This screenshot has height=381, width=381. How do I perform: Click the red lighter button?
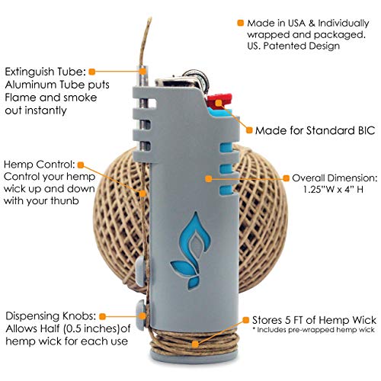220,101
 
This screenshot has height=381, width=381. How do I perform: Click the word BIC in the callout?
365,130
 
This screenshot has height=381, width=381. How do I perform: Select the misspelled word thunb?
65,201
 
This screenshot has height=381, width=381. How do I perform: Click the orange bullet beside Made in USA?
240,23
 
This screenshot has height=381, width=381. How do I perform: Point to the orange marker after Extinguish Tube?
92,72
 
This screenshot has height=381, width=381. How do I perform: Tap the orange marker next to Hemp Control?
81,165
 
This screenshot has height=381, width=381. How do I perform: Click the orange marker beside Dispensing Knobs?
102,316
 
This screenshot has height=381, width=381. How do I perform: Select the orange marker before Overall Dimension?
287,178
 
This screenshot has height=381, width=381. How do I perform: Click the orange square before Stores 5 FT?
245,320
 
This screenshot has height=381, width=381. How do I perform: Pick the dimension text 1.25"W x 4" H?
333,190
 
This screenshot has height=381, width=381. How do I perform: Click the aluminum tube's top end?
142,67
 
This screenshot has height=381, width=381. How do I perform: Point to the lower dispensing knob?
141,315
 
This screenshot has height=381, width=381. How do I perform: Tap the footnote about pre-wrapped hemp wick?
313,330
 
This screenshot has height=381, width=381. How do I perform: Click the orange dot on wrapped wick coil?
195,344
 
